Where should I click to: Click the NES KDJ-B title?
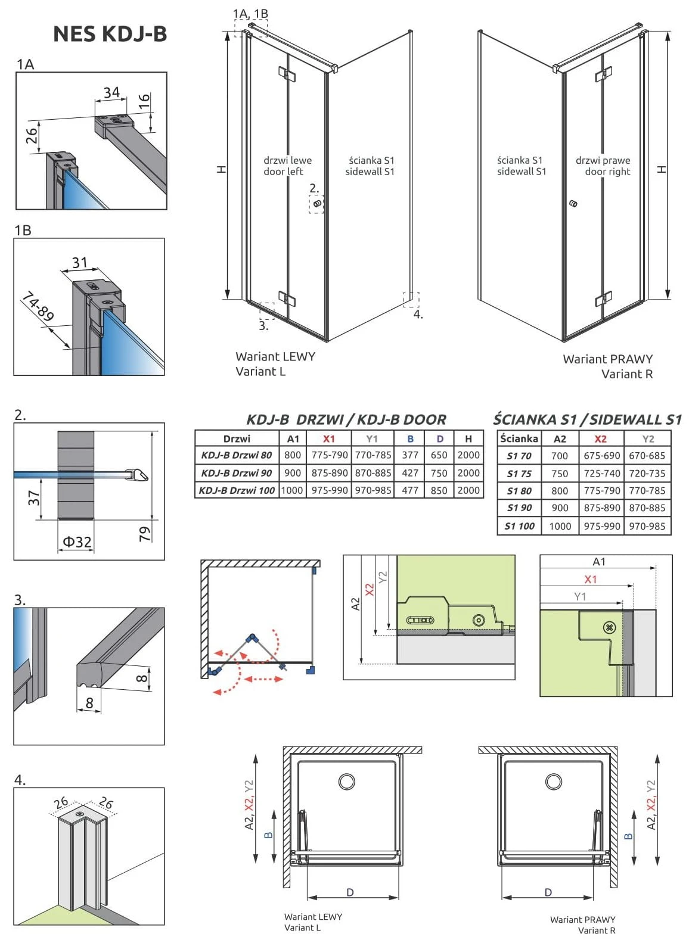[x=110, y=34]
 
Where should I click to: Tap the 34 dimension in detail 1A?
[x=111, y=92]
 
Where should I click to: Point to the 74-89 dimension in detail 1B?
[x=38, y=306]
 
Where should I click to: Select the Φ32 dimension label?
[x=77, y=542]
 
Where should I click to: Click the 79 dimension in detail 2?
[x=145, y=533]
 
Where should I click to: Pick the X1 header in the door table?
[x=328, y=438]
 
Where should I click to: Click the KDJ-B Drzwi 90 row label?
[x=236, y=473]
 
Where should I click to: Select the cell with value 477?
[x=410, y=490]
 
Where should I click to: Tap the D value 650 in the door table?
[x=439, y=455]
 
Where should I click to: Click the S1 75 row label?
[x=519, y=474]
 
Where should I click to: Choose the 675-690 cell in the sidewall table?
[x=601, y=456]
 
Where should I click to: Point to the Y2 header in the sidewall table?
[x=648, y=439]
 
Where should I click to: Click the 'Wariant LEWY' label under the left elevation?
[x=275, y=356]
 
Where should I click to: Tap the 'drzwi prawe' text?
[x=603, y=160]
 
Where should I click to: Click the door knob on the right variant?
[x=573, y=204]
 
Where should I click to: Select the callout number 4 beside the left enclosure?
[x=418, y=314]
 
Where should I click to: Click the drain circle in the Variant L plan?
[x=347, y=781]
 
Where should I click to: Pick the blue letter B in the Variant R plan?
[x=628, y=836]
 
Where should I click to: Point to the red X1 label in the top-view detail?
[x=590, y=579]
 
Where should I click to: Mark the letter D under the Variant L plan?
[x=350, y=892]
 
